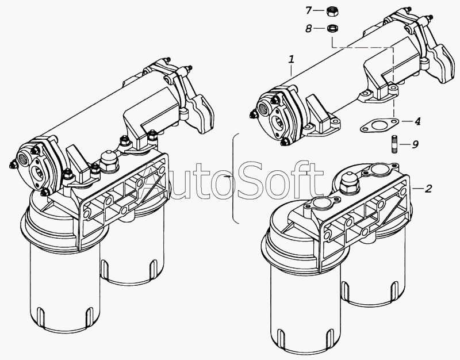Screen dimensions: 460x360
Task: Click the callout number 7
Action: pos(308,11)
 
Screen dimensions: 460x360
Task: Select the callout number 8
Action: pos(308,29)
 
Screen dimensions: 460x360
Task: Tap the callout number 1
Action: pos(291,60)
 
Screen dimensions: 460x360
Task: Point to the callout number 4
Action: pos(417,121)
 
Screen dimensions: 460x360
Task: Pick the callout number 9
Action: pos(415,144)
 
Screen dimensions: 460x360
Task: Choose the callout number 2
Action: pos(428,189)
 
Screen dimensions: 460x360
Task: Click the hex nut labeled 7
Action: pos(332,12)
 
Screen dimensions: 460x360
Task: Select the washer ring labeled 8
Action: pos(332,28)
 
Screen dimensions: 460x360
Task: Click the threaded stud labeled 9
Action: pos(394,144)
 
